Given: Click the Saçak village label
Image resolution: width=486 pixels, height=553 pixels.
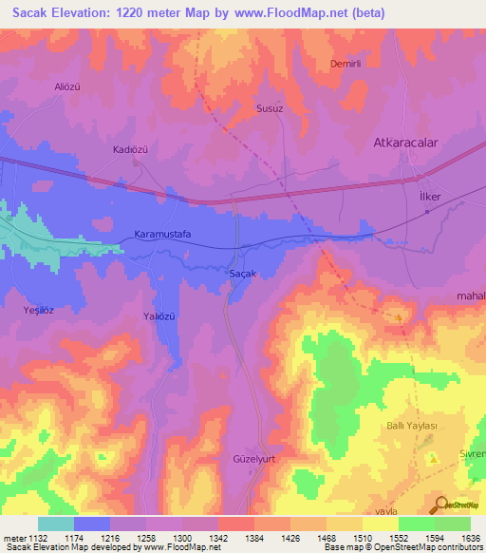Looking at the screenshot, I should (244, 274).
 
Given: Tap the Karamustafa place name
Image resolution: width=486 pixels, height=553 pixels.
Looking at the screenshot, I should (164, 234).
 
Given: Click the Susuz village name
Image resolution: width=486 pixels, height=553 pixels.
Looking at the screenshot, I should (271, 109).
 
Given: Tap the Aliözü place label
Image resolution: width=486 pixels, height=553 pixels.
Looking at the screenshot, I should (71, 86).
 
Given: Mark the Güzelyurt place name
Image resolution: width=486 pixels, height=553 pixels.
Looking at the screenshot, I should (252, 457).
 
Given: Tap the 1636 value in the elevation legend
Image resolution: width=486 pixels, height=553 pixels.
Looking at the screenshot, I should (470, 537).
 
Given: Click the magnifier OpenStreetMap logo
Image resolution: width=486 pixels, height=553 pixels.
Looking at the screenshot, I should (439, 504).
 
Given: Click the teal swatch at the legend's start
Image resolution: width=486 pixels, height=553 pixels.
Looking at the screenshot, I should (55, 524).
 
